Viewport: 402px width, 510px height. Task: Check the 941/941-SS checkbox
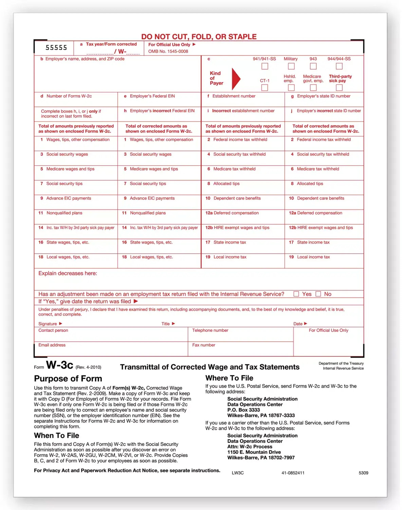coord(265,66)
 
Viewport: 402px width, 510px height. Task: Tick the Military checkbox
coord(291,66)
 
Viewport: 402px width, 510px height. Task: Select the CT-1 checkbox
coord(265,88)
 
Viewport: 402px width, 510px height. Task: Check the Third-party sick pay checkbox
coord(339,88)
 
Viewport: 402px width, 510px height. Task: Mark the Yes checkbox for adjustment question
coord(296,294)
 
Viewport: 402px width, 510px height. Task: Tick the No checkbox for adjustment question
coord(318,294)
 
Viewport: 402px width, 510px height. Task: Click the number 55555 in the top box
coord(56,48)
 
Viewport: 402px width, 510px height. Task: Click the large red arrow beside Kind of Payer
coord(236,79)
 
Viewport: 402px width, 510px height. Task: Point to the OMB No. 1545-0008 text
coord(168,51)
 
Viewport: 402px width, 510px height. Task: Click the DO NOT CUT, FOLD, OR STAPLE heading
coord(199,37)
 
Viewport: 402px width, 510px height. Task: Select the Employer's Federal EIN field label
coord(152,96)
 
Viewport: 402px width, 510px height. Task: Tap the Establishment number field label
coord(234,96)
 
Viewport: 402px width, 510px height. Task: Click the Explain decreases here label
coord(68,273)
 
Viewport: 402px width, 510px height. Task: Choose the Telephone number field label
coord(210,330)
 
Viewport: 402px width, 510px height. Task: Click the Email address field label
coord(52,345)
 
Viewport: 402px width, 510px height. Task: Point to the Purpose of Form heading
coord(68,379)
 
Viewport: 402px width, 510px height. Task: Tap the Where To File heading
coord(229,378)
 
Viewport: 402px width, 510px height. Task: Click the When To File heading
coord(56,436)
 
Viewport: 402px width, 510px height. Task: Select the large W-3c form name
coord(59,365)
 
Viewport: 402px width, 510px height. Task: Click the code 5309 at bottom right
coord(363,473)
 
